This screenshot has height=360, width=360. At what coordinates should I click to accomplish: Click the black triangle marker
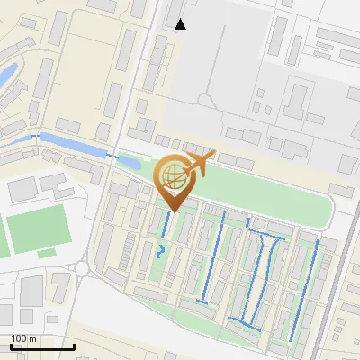pos(181,24)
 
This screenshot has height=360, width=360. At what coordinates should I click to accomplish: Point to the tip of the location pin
pos(173,211)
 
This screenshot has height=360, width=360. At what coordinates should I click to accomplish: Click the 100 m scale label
pos(23,338)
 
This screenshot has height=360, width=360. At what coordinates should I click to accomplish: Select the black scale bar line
pos(42,346)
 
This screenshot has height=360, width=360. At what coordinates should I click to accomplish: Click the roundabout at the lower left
pos(83,267)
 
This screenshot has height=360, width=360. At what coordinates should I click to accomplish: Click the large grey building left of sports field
pos(23,188)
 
